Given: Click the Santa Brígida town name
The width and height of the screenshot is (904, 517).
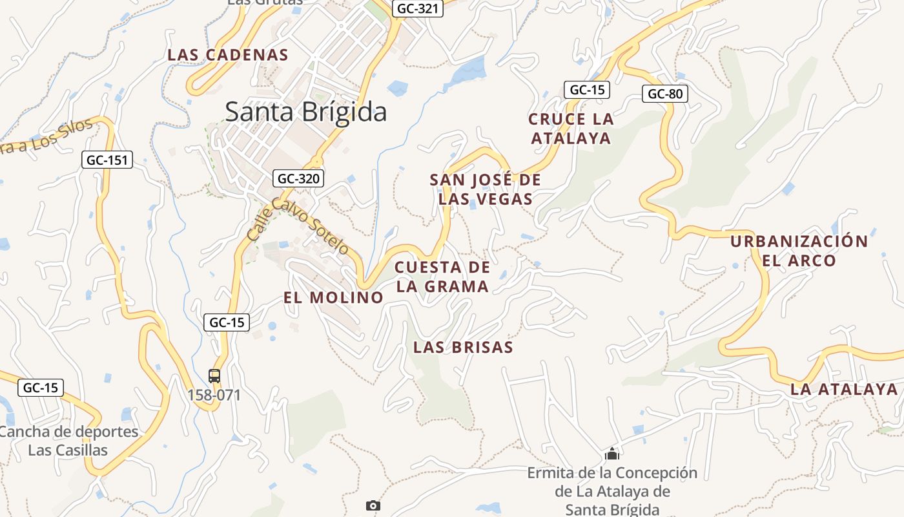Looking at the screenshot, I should [305, 112].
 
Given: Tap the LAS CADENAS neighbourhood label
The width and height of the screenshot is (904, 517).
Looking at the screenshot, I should [227, 55].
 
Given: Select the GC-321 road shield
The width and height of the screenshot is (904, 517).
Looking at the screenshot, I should [417, 8].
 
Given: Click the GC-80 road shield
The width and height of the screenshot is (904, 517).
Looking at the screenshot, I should [665, 94].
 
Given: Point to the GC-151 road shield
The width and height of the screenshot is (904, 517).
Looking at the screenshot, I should [107, 160].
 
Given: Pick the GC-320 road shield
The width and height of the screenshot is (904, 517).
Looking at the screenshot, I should [298, 178].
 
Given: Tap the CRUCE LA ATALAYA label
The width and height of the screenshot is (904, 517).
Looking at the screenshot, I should [571, 129].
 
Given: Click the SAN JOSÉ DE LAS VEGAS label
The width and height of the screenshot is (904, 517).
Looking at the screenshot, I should [486, 189].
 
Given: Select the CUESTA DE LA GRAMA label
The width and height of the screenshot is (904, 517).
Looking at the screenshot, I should [442, 277].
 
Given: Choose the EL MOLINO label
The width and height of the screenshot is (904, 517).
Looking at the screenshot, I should [333, 297].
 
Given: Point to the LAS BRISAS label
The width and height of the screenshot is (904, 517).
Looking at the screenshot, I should [463, 347].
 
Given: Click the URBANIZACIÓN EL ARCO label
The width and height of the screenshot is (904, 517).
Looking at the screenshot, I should [799, 251].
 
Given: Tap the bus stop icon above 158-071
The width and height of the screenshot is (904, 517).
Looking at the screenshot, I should [214, 375].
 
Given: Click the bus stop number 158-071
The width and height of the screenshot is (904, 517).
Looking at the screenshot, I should [214, 394].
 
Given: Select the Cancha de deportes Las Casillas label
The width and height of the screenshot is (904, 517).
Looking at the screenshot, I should [68, 441].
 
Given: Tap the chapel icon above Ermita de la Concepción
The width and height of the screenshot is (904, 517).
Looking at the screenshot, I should [612, 454].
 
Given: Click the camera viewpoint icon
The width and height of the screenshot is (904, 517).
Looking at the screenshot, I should [373, 505].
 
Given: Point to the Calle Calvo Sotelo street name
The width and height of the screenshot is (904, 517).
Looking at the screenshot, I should [298, 226].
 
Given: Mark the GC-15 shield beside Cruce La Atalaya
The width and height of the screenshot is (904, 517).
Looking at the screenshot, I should [587, 90].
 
